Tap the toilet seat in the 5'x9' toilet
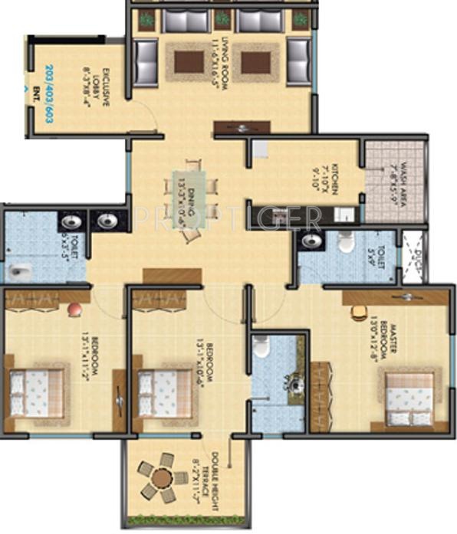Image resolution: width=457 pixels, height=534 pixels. click(344, 244)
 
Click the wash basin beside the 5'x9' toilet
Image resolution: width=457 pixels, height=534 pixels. click(311, 241)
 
